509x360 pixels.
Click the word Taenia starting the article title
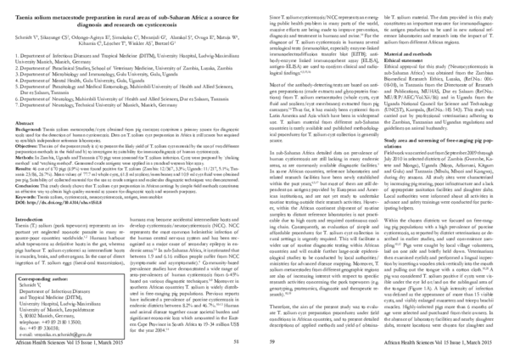(x=26, y=11)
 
